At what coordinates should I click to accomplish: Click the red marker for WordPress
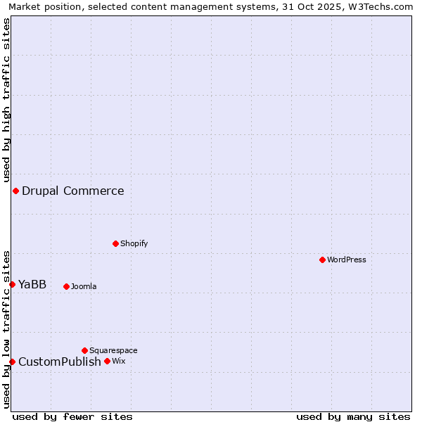[x=322, y=260]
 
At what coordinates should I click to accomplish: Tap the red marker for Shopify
[x=115, y=243]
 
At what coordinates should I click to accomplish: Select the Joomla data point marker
[x=66, y=286]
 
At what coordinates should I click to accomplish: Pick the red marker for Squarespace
[x=84, y=350]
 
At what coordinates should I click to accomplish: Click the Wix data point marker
[x=107, y=361]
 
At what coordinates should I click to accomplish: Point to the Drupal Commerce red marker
[x=15, y=191]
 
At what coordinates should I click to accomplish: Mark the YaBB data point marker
[x=12, y=284]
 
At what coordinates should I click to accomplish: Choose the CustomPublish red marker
[x=12, y=362]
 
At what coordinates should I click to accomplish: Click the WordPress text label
[x=347, y=260]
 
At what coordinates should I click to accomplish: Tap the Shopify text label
[x=134, y=243]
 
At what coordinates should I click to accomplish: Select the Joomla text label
[x=84, y=286]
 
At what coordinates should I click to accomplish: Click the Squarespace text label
[x=113, y=350]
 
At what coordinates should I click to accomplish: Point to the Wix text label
[x=118, y=361]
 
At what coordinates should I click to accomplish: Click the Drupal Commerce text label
[x=73, y=191]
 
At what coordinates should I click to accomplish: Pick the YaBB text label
[x=32, y=284]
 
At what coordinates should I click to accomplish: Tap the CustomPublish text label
[x=60, y=362]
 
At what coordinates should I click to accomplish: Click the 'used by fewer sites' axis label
[x=72, y=416]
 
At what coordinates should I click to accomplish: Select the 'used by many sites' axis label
[x=353, y=416]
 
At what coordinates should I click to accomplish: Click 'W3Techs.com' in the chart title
[x=384, y=6]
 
